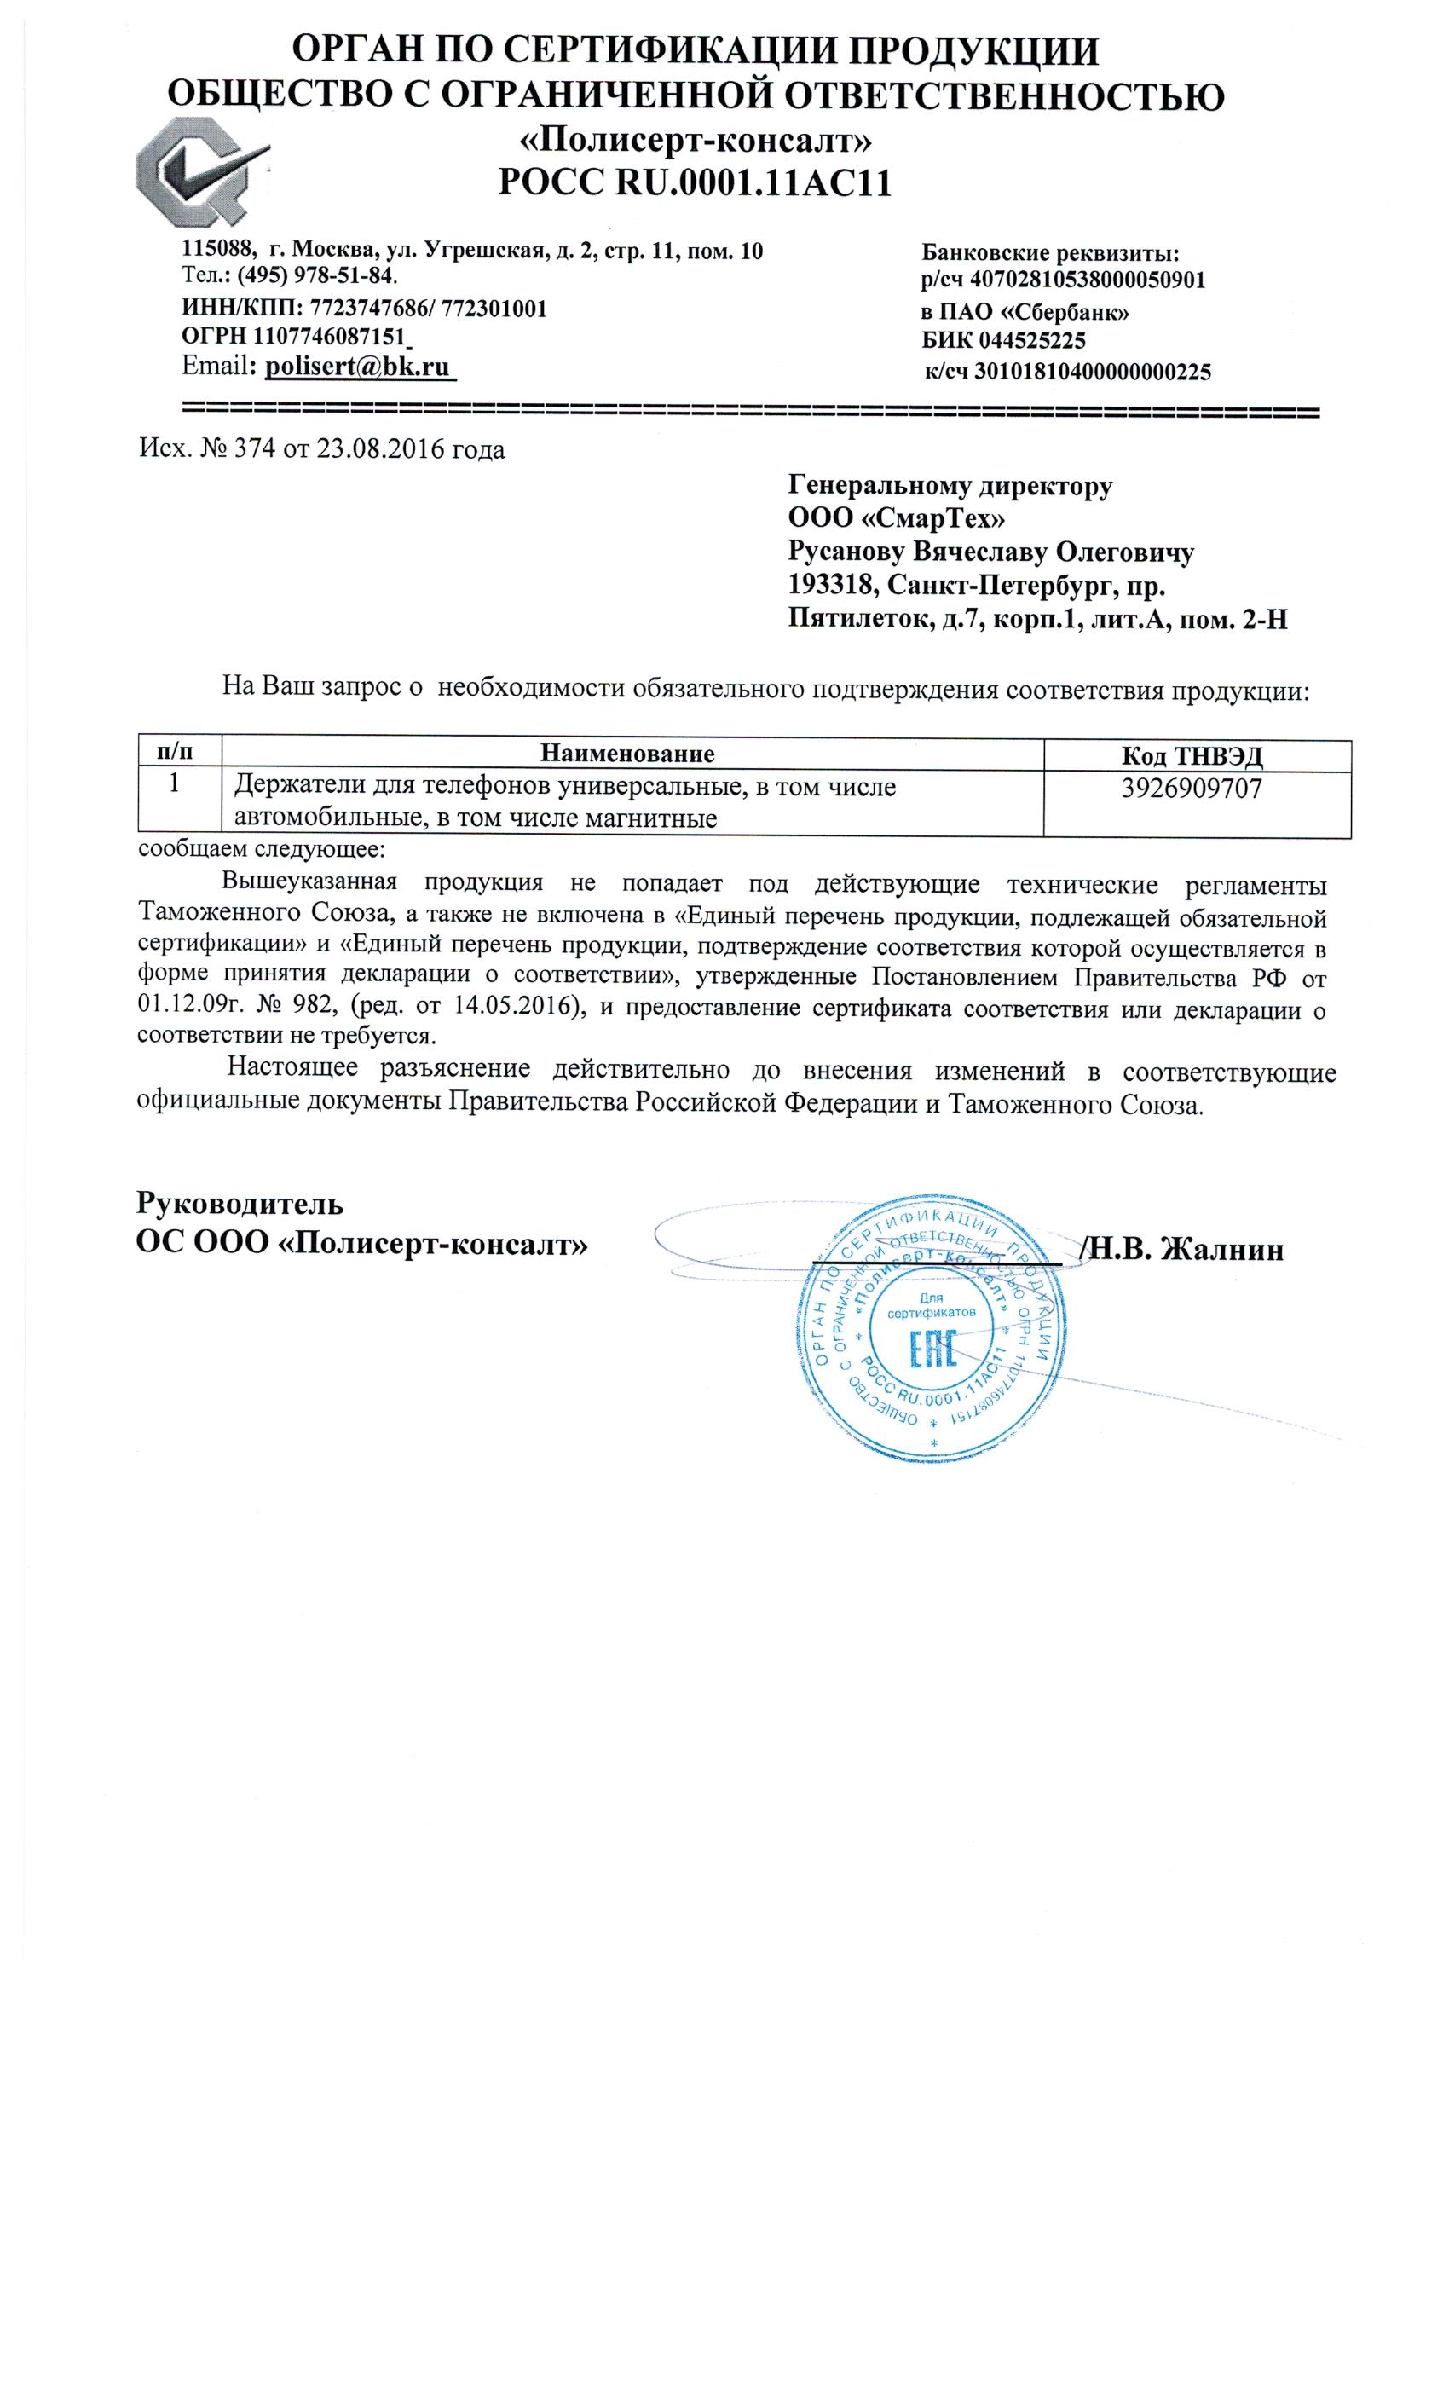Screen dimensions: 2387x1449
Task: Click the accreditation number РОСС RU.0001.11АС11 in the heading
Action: click(694, 181)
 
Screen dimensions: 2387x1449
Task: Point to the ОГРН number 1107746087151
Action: click(327, 337)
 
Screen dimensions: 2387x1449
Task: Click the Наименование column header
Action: click(626, 754)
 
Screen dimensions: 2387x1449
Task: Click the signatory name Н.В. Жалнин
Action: click(1187, 1249)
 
